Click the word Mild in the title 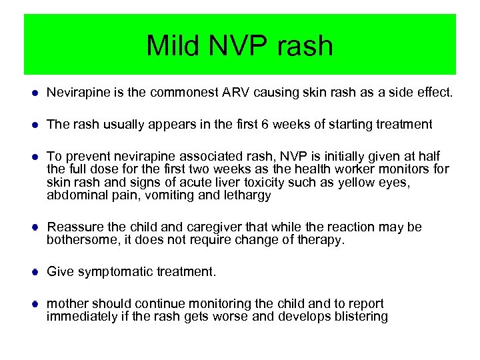pyautogui.click(x=172, y=46)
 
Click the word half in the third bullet pyautogui.click(x=427, y=156)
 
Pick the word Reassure pyautogui.click(x=75, y=227)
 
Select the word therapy pyautogui.click(x=323, y=240)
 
